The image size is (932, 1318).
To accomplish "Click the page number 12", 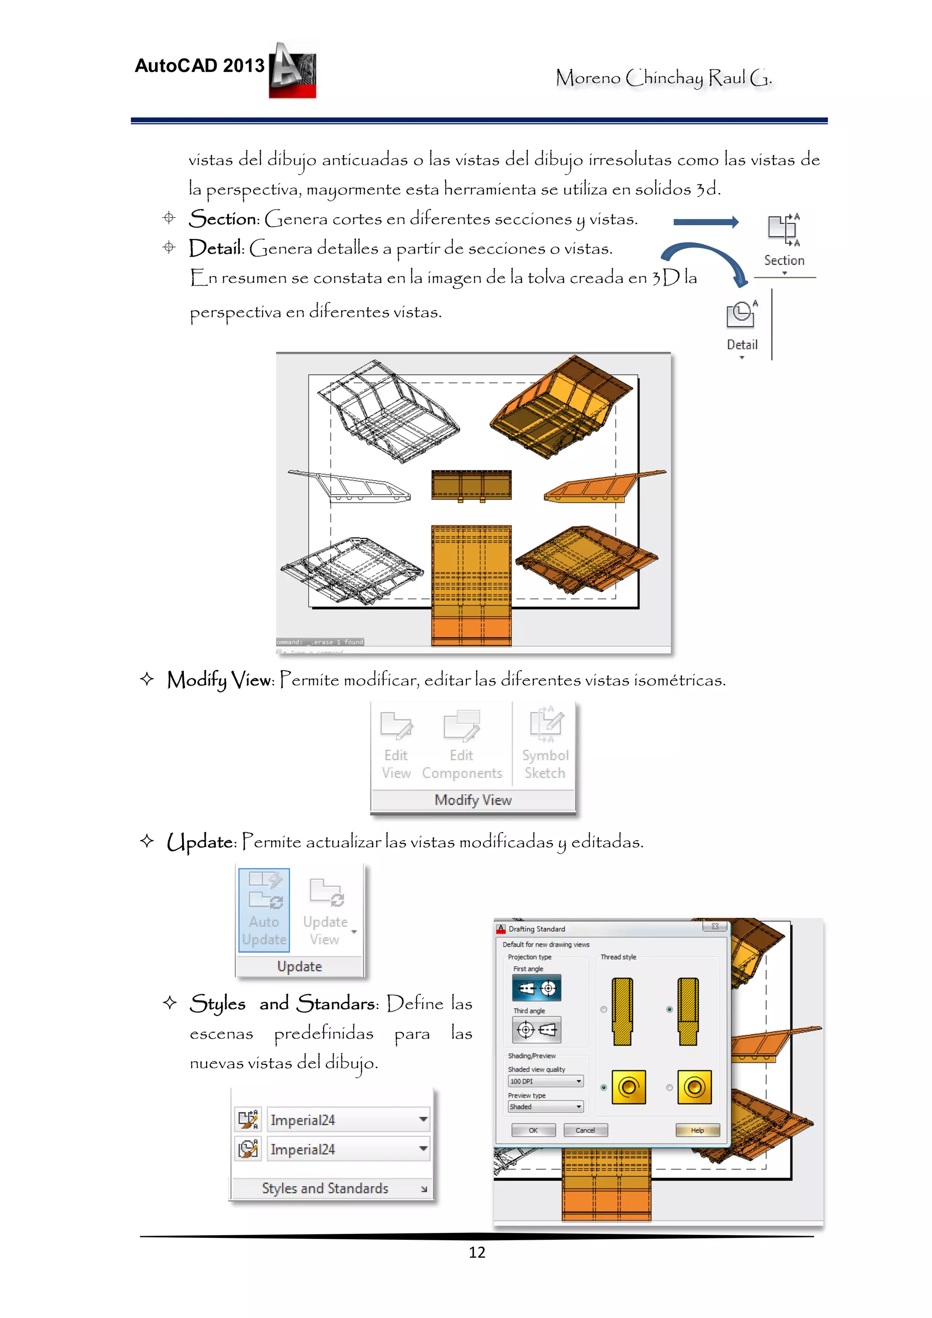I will click(476, 1252).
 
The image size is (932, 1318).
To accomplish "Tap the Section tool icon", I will click(783, 229).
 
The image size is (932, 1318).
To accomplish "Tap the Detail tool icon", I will click(741, 314).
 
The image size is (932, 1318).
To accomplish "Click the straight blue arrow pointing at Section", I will click(706, 222).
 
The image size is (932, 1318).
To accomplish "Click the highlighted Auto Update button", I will click(264, 910).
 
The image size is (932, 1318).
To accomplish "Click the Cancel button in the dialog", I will click(585, 1130).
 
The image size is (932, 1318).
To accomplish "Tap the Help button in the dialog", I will click(697, 1130).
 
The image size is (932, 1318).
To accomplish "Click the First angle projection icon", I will click(537, 988).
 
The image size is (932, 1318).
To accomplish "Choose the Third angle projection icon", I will click(537, 1030).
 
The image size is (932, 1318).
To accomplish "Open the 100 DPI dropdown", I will click(546, 1081).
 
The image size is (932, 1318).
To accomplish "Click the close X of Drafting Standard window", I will click(715, 926).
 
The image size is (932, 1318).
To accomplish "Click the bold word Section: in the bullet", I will click(224, 219).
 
